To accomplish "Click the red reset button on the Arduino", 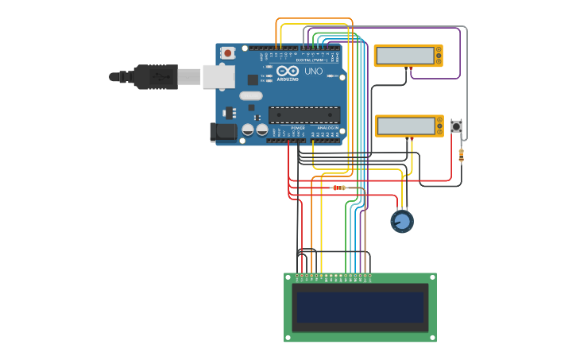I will pos(228,53).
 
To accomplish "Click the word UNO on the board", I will pos(313,72).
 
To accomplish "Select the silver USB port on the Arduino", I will pos(218,76).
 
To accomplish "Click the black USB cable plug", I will pos(155,77).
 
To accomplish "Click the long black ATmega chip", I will pos(304,114).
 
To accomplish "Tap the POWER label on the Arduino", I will pos(298,128).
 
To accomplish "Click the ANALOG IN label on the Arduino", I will pos(327,128).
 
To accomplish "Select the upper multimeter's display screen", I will pos(405,56).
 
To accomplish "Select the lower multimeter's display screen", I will pos(405,126).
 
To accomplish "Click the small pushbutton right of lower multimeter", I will pos(457,126).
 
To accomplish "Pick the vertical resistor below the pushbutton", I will pos(462,155).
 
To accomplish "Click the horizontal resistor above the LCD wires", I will pos(339,188).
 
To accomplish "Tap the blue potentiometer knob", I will pos(402,221).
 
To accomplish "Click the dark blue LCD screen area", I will pos(360,307).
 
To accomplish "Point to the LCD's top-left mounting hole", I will pos(288,277).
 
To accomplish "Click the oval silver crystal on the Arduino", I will pos(249,96).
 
